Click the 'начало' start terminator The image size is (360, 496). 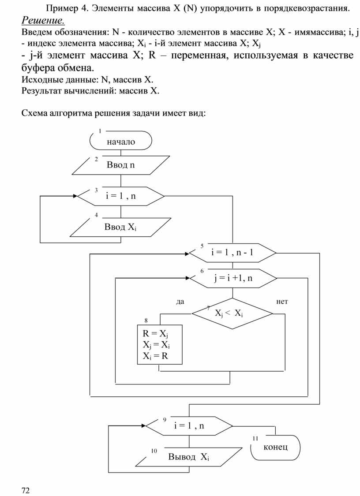[120, 142]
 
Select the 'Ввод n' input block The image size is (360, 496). [120, 165]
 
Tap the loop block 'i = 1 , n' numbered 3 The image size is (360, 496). [120, 196]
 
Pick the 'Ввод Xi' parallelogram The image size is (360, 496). [120, 227]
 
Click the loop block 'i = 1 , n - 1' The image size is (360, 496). [232, 253]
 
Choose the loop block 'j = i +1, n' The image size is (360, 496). [232, 278]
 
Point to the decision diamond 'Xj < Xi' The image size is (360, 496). [232, 313]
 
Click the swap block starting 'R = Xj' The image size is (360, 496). [159, 344]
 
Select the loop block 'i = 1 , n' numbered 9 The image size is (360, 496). [189, 426]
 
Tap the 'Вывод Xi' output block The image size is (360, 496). [189, 456]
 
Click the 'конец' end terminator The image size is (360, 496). [275, 447]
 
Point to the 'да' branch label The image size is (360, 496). [180, 302]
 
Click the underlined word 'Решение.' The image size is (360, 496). [43, 21]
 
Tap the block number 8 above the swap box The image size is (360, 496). [146, 320]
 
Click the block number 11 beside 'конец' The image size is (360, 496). [255, 439]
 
